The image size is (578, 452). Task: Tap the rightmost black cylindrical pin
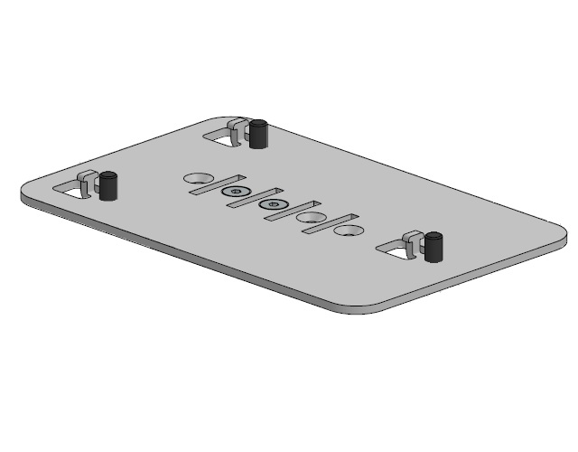click(x=434, y=246)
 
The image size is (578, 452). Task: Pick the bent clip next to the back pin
click(x=239, y=132)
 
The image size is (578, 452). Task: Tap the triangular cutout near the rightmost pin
click(x=395, y=250)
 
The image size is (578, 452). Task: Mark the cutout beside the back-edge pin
click(x=221, y=138)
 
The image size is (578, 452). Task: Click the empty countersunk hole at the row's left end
click(x=197, y=178)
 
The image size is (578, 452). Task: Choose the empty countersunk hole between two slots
click(x=311, y=218)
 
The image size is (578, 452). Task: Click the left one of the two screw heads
click(x=236, y=193)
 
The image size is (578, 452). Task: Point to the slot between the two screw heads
click(x=254, y=197)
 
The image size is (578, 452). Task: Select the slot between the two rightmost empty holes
click(x=330, y=222)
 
